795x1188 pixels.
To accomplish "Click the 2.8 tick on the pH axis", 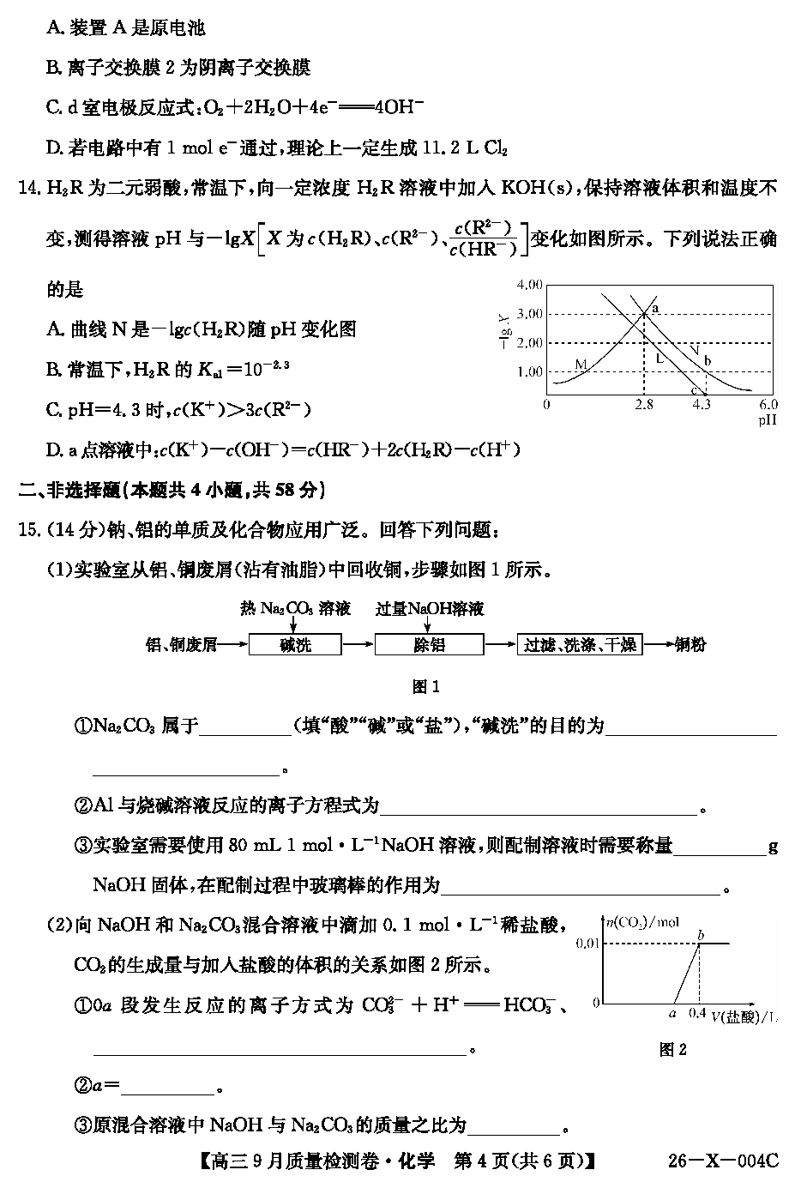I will coord(644,404).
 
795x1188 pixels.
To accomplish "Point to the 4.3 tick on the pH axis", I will coord(701,404).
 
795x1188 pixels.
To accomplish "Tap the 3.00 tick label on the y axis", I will coord(530,314).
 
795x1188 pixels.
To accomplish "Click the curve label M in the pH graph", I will coord(581,365).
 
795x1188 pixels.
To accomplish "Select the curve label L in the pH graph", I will coord(659,359).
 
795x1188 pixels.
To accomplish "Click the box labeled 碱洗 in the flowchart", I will coord(294,645).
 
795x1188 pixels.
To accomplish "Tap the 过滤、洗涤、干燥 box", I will coord(580,645).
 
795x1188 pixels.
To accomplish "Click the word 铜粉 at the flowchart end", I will coord(690,645).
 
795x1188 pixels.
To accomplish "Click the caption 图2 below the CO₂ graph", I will coord(672,1049).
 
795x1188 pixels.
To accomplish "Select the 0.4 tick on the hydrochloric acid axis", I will coord(698,1013).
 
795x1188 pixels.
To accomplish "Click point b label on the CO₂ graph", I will coord(701,933).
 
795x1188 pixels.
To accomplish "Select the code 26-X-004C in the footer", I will coord(722,1161).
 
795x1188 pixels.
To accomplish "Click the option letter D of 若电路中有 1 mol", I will coord(53,148).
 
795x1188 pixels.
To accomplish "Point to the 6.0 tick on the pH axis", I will coord(768,404).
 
